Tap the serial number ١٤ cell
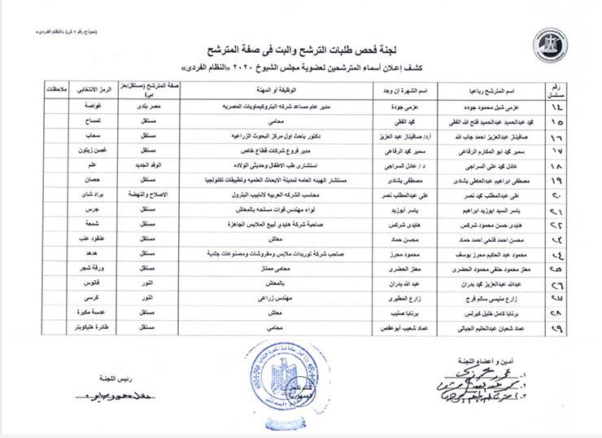558,107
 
